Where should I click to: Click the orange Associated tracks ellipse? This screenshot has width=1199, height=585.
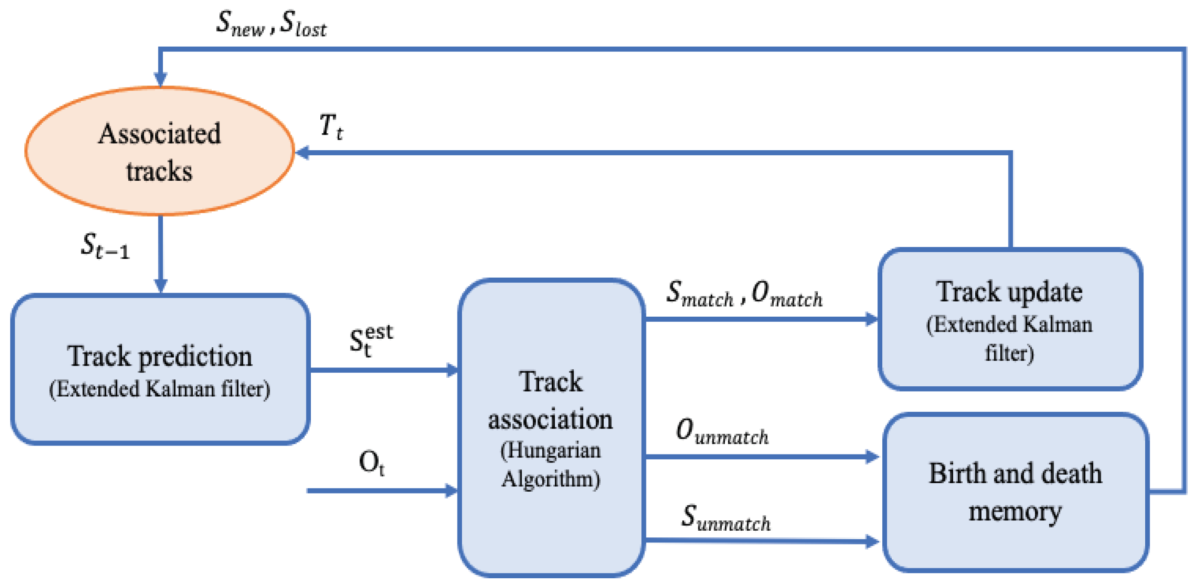click(159, 151)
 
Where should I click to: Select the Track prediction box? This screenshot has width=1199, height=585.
click(160, 369)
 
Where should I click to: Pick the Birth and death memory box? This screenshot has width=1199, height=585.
click(1015, 493)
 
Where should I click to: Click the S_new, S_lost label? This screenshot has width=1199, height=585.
click(271, 23)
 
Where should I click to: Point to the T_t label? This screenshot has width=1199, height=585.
click(331, 127)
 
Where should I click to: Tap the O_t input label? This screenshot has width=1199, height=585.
click(371, 463)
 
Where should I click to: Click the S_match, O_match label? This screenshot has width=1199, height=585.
click(744, 295)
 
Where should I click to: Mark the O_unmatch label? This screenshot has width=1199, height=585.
click(721, 432)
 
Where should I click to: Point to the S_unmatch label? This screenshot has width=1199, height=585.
click(725, 518)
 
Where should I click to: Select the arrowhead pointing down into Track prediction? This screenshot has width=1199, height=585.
click(161, 285)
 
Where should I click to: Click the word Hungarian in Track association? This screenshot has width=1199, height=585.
click(550, 450)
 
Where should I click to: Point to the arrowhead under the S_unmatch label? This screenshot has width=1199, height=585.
click(871, 541)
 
